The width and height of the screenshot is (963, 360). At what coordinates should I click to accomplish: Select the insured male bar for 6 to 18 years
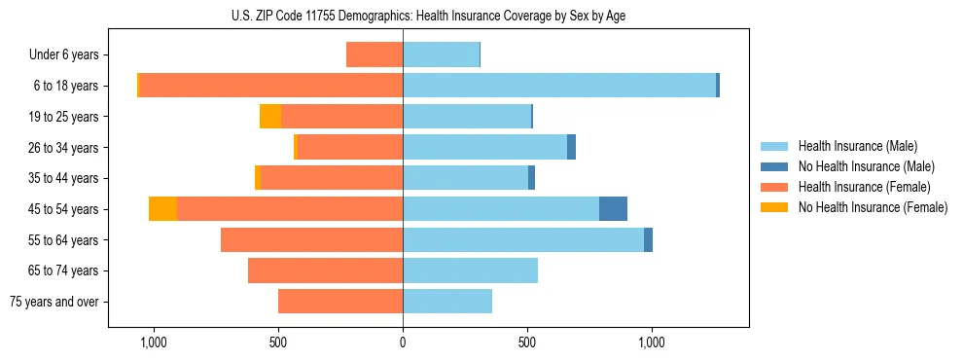[x=559, y=86]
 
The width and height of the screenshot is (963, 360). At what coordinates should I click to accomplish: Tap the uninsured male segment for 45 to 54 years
[x=613, y=209]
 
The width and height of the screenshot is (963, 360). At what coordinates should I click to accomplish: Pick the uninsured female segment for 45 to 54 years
[x=162, y=209]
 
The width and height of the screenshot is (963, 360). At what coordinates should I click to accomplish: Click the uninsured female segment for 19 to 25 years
[x=270, y=117]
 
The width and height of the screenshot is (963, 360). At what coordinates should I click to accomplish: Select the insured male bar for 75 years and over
[x=447, y=302]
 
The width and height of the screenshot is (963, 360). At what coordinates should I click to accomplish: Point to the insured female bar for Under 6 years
[x=374, y=55]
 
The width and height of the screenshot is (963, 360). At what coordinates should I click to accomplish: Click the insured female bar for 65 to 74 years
[x=325, y=270]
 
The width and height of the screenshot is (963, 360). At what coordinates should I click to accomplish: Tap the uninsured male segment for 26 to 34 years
[x=571, y=148]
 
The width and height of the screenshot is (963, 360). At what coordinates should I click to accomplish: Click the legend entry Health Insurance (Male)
[x=857, y=146]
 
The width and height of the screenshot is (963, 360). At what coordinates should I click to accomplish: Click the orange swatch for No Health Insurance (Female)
[x=774, y=207]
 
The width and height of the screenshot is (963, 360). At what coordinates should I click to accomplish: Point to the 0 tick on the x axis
[x=403, y=342]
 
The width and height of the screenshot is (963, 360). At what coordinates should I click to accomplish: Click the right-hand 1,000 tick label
[x=651, y=342]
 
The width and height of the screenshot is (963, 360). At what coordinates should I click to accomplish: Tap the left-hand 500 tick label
[x=278, y=342]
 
